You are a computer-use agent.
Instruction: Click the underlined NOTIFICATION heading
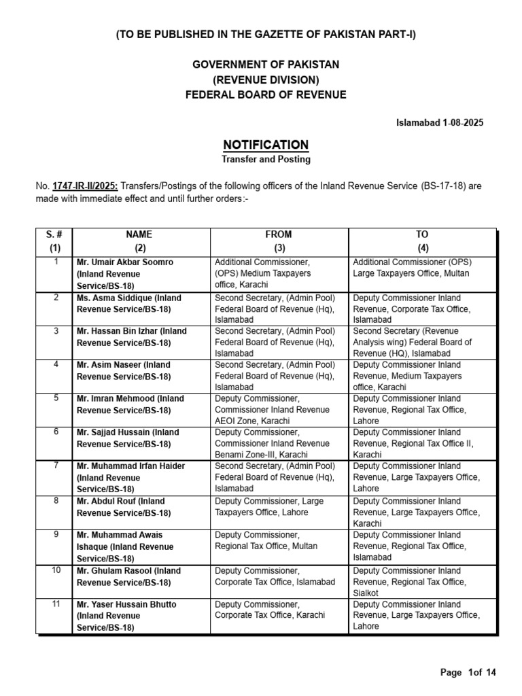pyautogui.click(x=266, y=145)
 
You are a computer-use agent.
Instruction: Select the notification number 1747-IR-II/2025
pyautogui.click(x=80, y=186)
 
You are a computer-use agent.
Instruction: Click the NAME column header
pyautogui.click(x=140, y=234)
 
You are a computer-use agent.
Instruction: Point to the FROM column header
pyautogui.click(x=279, y=234)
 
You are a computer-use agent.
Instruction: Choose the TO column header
pyautogui.click(x=422, y=234)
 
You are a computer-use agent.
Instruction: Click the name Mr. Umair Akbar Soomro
pyautogui.click(x=125, y=262)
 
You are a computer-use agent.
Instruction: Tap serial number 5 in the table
pyautogui.click(x=55, y=398)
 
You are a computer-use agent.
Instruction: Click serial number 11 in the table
pyautogui.click(x=55, y=604)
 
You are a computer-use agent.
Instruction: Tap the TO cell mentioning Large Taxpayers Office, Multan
pyautogui.click(x=412, y=268)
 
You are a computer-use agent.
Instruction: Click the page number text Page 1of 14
pyautogui.click(x=468, y=673)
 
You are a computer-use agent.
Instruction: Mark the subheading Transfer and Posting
pyautogui.click(x=266, y=160)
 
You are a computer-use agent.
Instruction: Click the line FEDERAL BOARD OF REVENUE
pyautogui.click(x=266, y=95)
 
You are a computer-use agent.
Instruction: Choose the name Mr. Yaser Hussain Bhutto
pyautogui.click(x=126, y=604)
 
